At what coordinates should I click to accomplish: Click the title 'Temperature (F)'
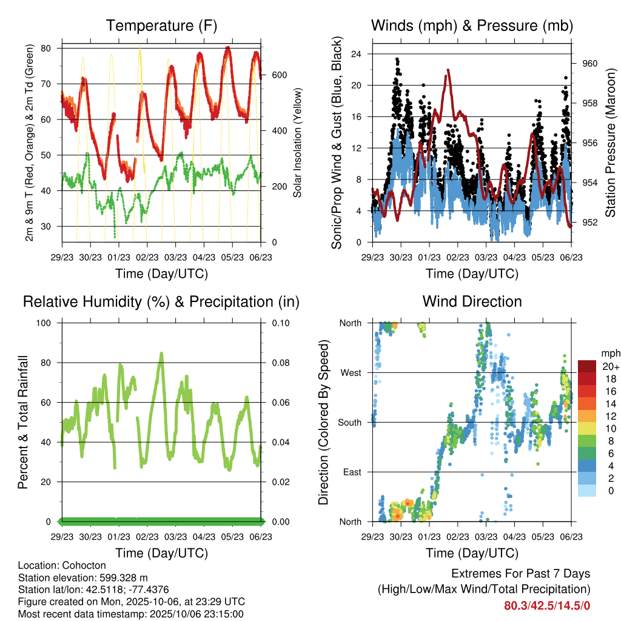(161, 26)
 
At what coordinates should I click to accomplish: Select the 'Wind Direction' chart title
(472, 301)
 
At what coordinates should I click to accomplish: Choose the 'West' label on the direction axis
(349, 372)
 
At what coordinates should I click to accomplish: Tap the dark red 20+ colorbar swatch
(587, 366)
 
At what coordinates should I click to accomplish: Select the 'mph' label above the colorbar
(609, 353)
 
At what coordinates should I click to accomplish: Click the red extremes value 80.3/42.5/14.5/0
(547, 605)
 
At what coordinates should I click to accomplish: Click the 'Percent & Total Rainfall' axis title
(22, 422)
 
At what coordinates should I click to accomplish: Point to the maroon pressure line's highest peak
(448, 71)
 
